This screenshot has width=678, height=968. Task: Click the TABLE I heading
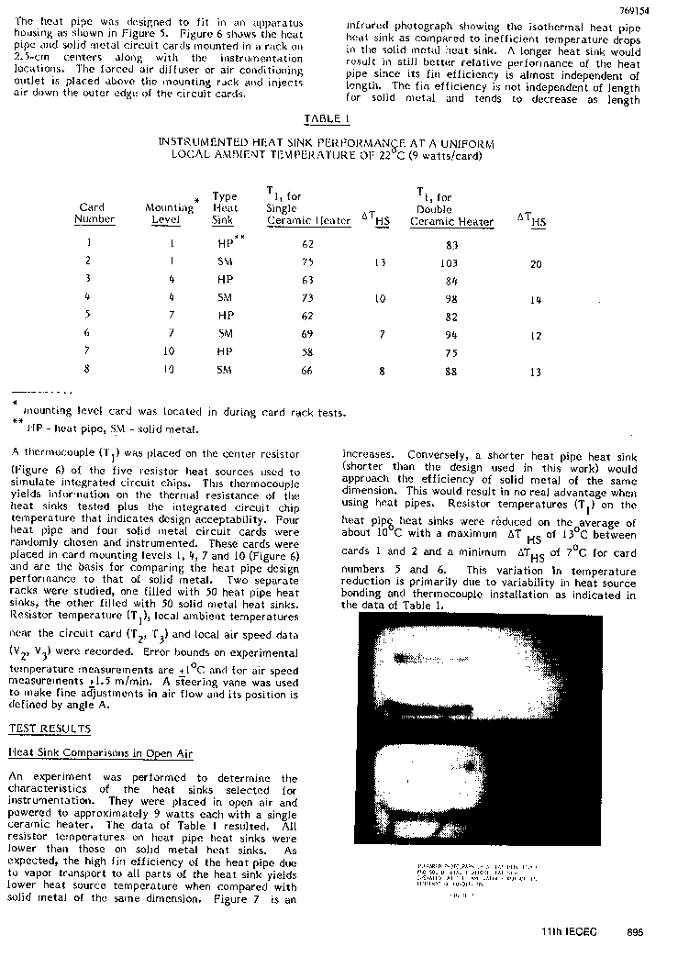(x=327, y=119)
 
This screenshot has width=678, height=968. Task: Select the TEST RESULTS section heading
(x=50, y=729)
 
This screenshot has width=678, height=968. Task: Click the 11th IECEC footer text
(x=569, y=932)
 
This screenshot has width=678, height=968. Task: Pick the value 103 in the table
(x=450, y=263)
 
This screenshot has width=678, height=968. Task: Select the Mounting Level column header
(x=170, y=213)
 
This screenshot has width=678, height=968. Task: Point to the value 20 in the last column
(x=536, y=264)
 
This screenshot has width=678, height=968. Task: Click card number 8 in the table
(x=89, y=371)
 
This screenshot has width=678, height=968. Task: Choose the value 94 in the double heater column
(x=450, y=335)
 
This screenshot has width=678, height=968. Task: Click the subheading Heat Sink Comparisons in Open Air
(x=101, y=753)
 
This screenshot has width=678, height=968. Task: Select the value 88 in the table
(x=450, y=372)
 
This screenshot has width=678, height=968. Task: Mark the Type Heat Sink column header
(x=224, y=208)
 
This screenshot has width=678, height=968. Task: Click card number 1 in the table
(x=89, y=244)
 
